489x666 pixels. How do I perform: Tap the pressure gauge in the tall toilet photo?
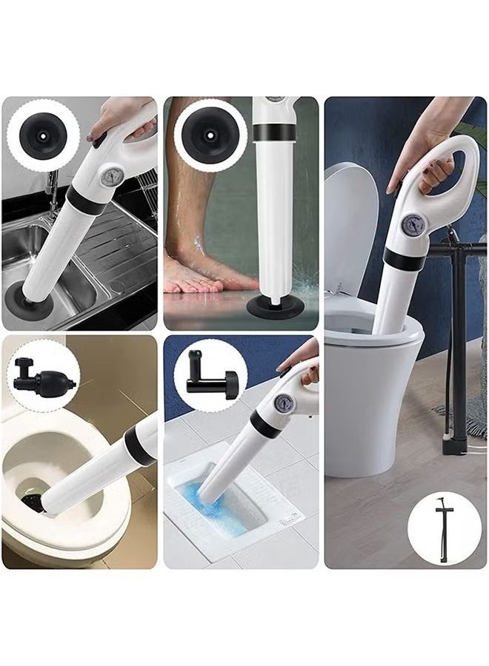(x=412, y=226)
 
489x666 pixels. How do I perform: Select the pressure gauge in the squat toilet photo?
(x=283, y=403)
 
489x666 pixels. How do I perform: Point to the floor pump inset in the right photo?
(x=443, y=528)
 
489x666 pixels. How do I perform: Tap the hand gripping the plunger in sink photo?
(x=122, y=115)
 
